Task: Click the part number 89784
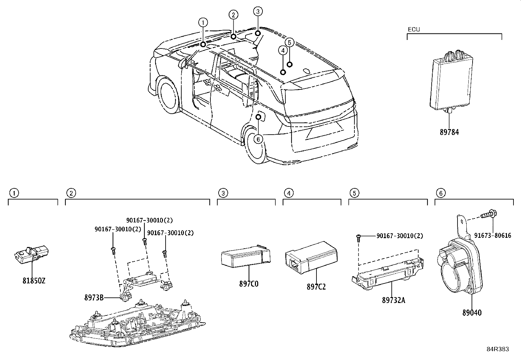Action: click(x=449, y=132)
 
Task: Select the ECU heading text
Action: click(x=414, y=29)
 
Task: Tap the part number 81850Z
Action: click(x=34, y=281)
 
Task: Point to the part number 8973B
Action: click(x=94, y=297)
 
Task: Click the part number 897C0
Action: click(x=249, y=284)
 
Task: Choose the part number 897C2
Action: click(x=316, y=287)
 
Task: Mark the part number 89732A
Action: click(x=394, y=300)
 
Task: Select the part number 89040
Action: click(x=472, y=313)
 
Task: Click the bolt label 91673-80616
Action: click(x=493, y=236)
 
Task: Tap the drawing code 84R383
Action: click(x=498, y=349)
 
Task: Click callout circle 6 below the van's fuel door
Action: click(x=258, y=139)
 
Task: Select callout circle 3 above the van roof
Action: click(x=258, y=11)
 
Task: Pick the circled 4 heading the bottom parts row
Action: click(x=289, y=193)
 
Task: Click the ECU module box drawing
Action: click(x=451, y=82)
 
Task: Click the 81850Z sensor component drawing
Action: click(x=31, y=255)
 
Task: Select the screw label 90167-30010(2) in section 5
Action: click(x=400, y=236)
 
